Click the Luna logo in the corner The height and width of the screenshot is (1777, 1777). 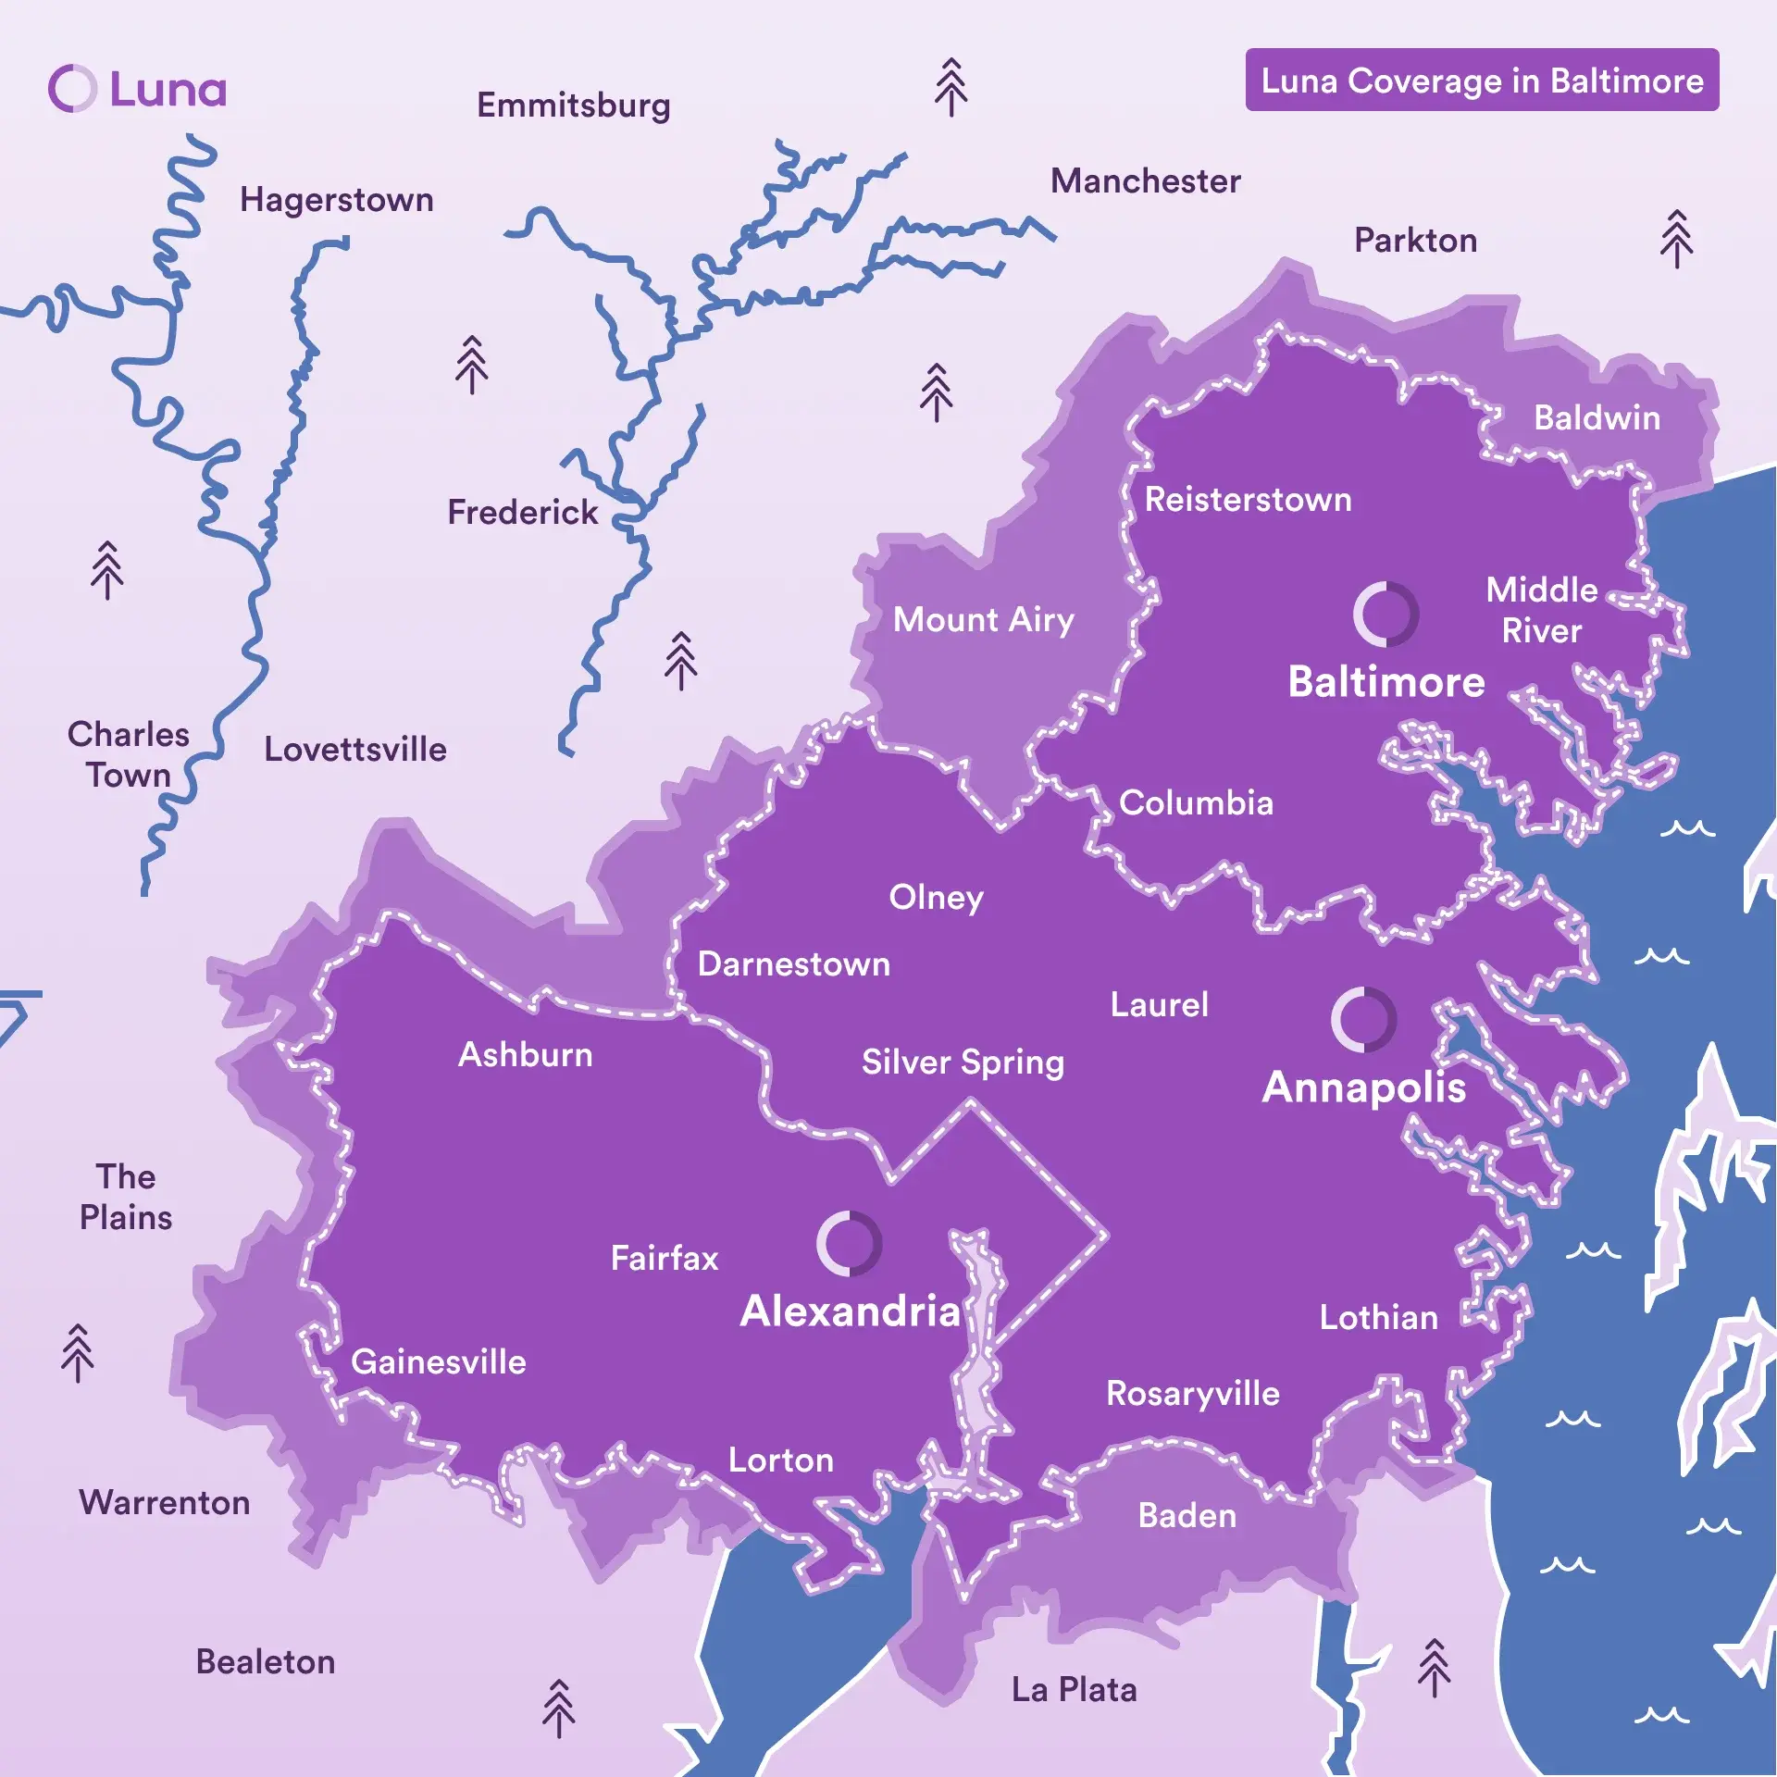(137, 89)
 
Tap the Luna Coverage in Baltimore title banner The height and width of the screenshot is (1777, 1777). (1481, 81)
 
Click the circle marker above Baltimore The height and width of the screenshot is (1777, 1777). (1386, 615)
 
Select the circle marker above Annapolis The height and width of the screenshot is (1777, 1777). (1363, 1019)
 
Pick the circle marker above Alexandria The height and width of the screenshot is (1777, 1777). (849, 1243)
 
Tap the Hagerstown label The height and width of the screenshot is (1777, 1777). (337, 200)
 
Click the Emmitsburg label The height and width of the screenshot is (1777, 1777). (573, 106)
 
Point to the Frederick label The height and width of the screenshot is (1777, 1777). (523, 512)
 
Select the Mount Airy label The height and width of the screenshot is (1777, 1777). (983, 619)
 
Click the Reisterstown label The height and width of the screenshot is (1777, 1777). (1248, 500)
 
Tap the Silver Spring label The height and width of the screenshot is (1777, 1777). (963, 1062)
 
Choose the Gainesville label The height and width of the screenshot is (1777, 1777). (438, 1361)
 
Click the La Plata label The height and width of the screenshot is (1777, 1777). (1074, 1689)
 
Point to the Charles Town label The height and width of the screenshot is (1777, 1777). (129, 754)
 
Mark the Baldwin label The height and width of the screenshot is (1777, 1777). (1597, 417)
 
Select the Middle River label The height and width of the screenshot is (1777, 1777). (1541, 610)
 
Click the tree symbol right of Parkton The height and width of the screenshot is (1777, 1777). (1676, 239)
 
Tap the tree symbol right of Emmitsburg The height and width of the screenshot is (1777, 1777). (951, 88)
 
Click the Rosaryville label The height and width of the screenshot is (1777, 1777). (1192, 1393)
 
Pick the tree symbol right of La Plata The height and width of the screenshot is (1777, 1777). (1434, 1668)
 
